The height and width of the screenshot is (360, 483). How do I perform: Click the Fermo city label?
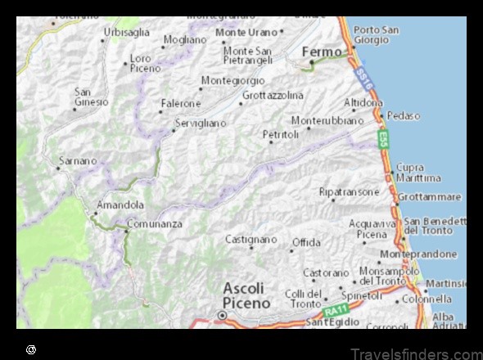coord(322,52)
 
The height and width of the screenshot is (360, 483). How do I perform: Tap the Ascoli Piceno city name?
coord(246,295)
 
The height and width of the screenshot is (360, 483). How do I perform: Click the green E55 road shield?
coord(383,138)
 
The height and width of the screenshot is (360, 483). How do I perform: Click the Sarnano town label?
coord(77,160)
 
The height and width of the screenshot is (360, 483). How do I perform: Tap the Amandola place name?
coord(120,205)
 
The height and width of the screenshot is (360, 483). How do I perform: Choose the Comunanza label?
coord(154,223)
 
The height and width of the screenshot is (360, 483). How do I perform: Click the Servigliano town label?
coord(200,123)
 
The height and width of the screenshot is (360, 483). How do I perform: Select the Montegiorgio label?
coord(232,81)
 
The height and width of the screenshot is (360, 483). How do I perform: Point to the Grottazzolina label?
coord(273,96)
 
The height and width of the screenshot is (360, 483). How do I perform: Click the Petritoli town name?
coord(280,133)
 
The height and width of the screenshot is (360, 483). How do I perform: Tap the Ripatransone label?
coord(349,191)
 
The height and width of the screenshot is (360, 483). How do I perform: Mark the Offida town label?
coord(306,243)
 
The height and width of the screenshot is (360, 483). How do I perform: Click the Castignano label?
coord(251,239)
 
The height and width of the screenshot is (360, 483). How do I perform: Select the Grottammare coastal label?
coord(429,197)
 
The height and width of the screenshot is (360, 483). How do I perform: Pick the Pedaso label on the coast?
coord(404,115)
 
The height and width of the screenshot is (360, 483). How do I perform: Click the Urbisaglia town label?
coord(126,32)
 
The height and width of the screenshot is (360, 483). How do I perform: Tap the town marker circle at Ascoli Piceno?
coord(222,316)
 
